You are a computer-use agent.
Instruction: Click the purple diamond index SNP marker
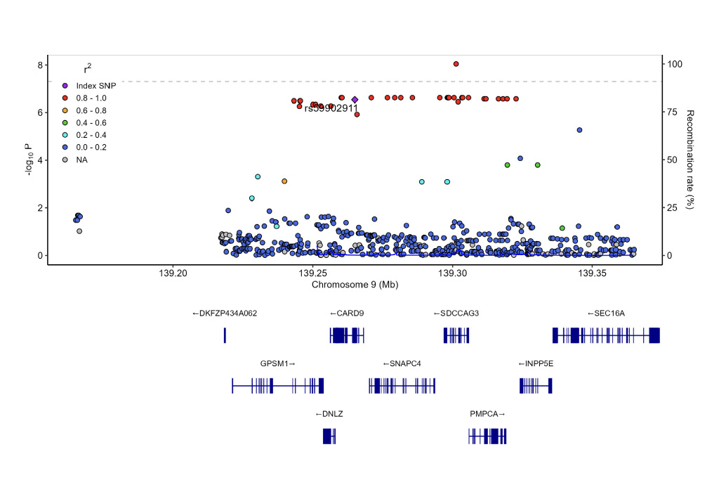click(355, 100)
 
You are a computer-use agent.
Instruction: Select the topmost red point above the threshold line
click(456, 64)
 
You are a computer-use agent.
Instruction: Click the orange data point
click(284, 181)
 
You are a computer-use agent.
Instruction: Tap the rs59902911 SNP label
click(331, 108)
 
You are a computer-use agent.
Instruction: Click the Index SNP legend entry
click(95, 85)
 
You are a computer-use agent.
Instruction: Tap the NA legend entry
click(81, 160)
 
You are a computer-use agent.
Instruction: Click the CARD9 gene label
click(347, 313)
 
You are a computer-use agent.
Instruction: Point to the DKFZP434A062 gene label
click(225, 313)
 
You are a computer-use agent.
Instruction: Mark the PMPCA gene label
click(487, 414)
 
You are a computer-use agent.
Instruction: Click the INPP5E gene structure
click(536, 385)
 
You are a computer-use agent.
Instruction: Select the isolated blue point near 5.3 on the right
click(579, 130)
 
